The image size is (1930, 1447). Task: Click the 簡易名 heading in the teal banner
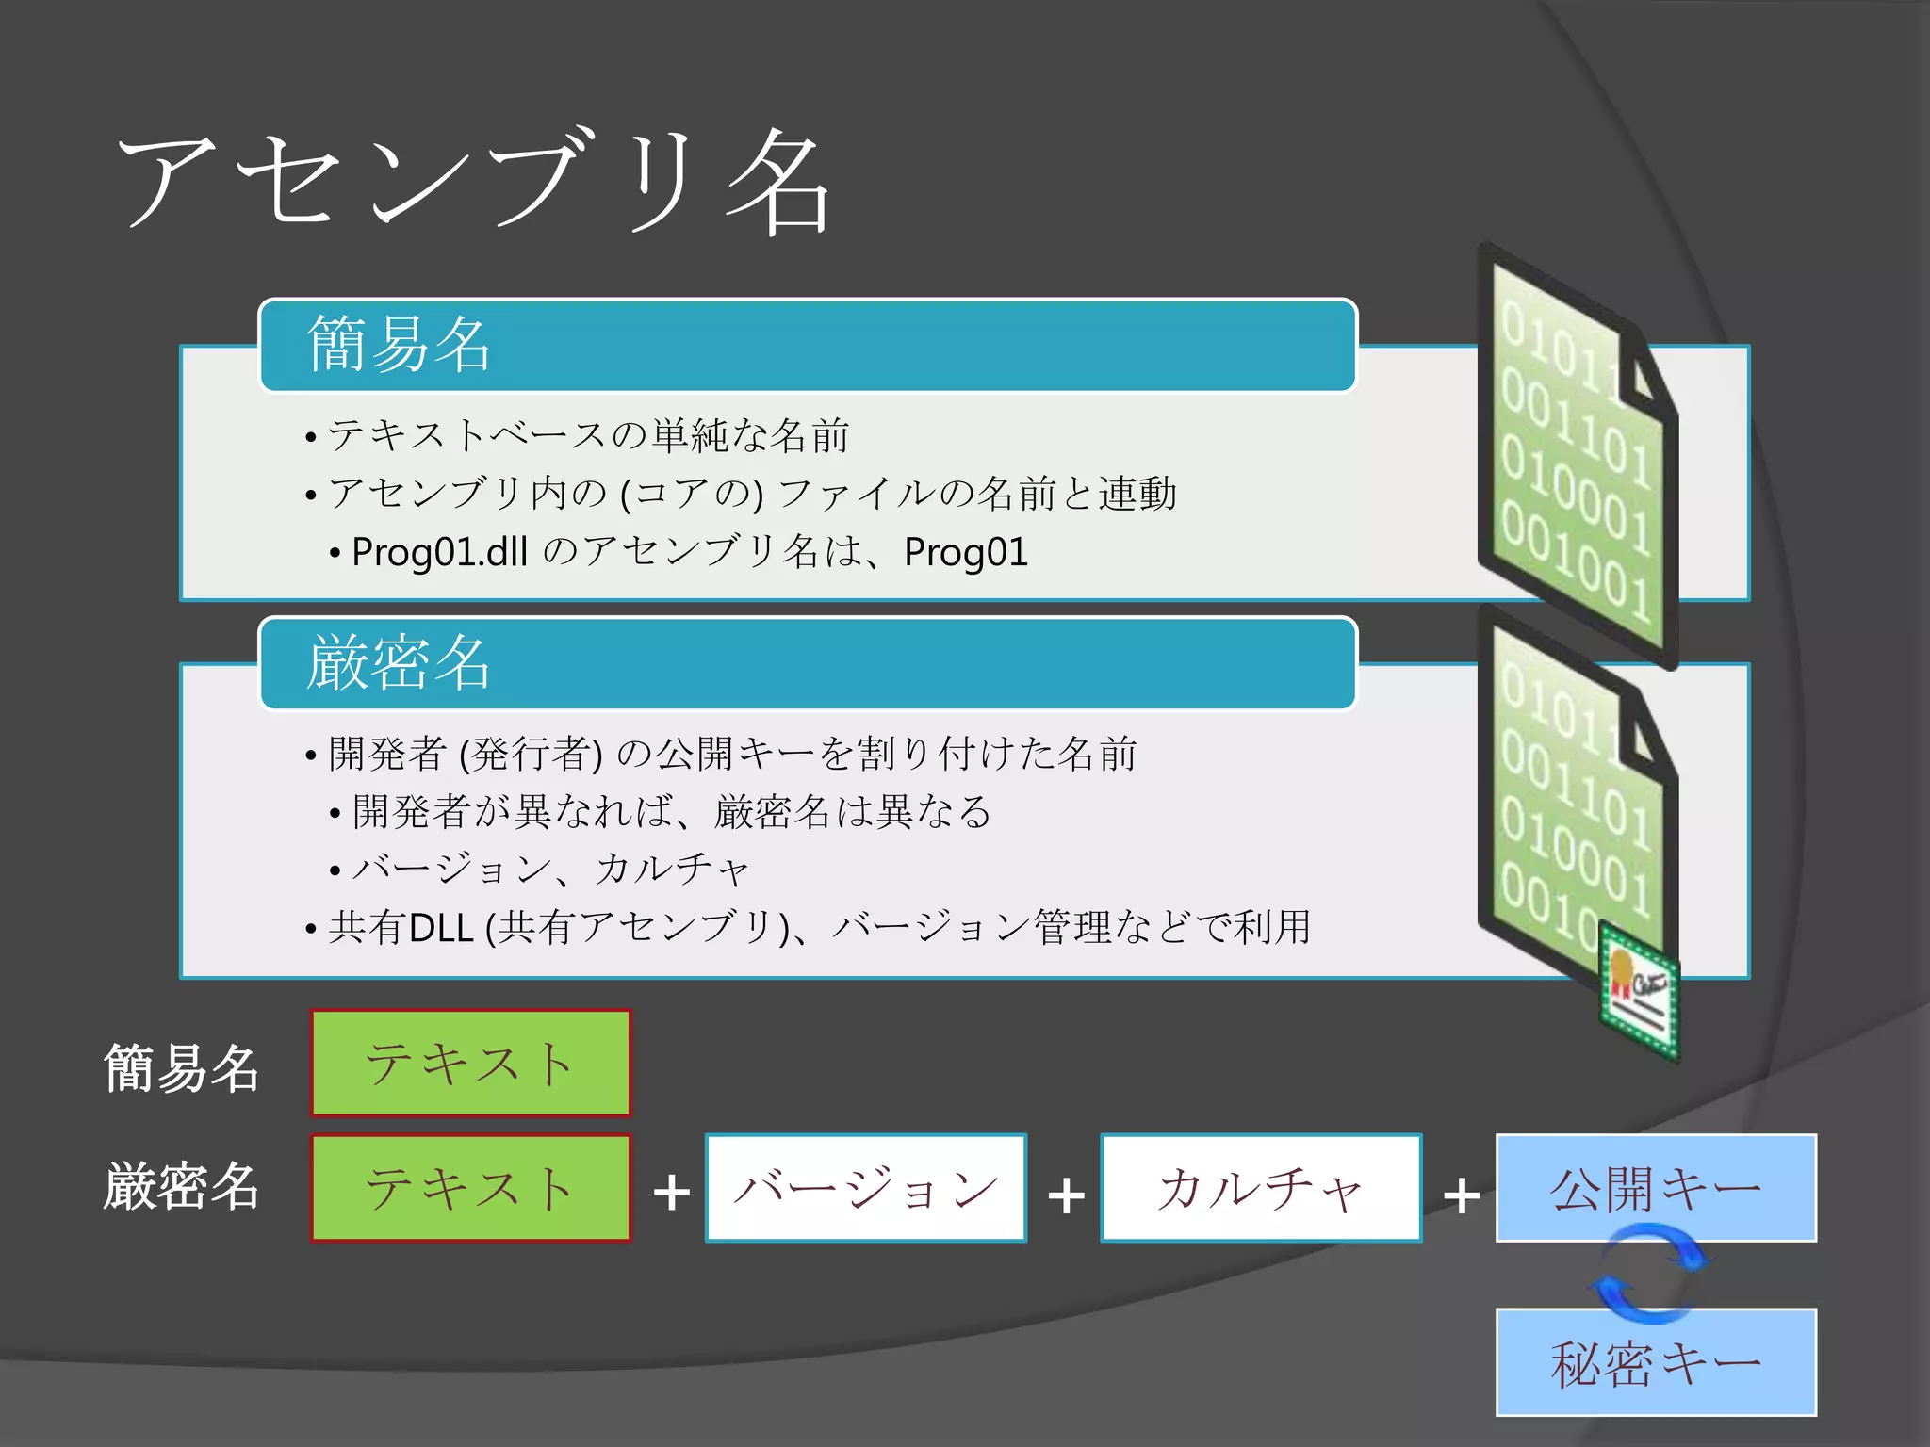click(x=399, y=344)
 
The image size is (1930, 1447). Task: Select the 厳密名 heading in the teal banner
click(x=399, y=662)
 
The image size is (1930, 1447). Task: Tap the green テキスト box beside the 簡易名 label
click(x=470, y=1063)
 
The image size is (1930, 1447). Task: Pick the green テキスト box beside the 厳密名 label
click(x=470, y=1187)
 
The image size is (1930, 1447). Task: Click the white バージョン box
click(x=865, y=1187)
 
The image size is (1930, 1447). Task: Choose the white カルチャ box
click(x=1260, y=1187)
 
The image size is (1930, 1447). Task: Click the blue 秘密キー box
click(x=1655, y=1362)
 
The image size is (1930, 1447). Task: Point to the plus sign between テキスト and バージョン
click(x=671, y=1194)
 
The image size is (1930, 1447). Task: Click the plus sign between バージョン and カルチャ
click(x=1066, y=1195)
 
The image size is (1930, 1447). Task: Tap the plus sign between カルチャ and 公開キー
click(x=1461, y=1195)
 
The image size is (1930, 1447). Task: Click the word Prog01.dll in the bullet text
click(x=438, y=552)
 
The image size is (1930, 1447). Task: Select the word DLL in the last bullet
click(x=441, y=928)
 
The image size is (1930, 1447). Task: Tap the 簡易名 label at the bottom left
click(x=181, y=1068)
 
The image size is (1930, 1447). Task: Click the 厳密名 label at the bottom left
click(x=181, y=1187)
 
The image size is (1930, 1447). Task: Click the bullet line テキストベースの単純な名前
click(x=588, y=435)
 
